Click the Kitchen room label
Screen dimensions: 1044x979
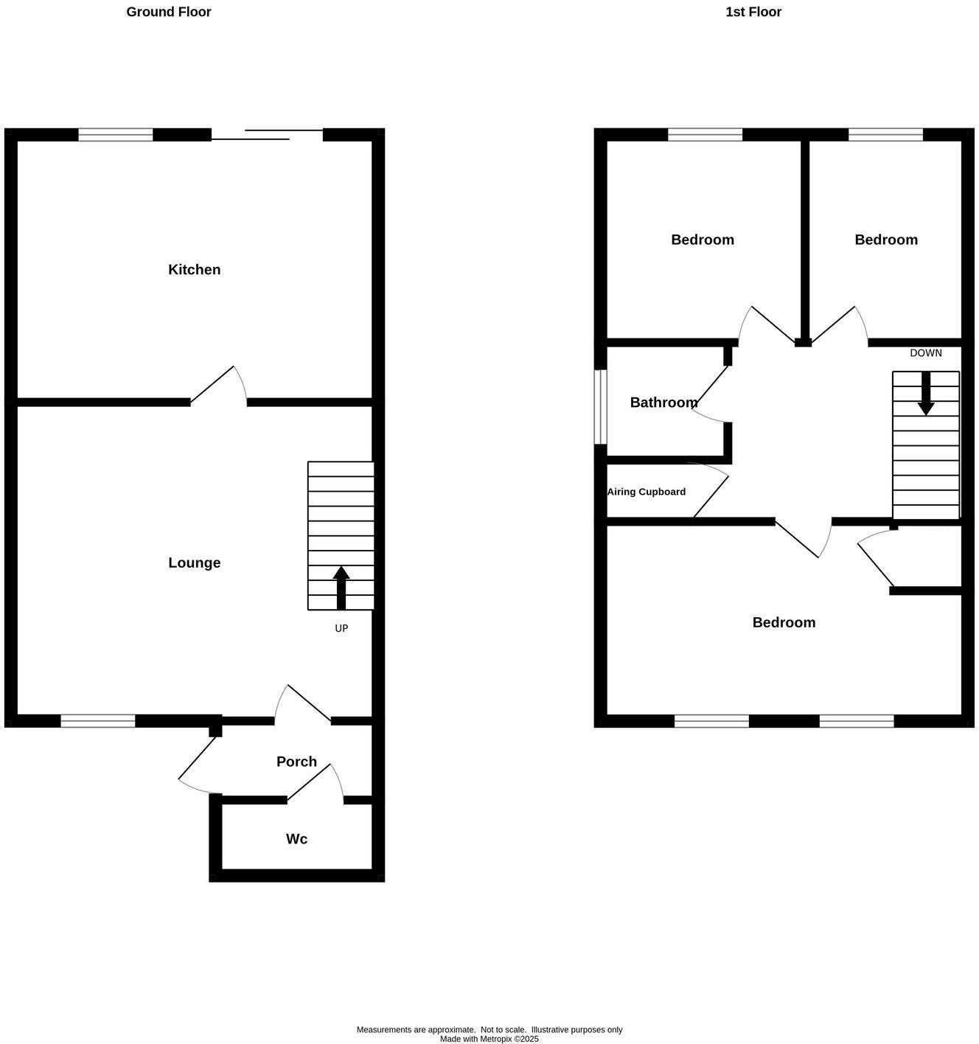(x=195, y=270)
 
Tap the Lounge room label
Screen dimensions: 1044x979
(x=195, y=563)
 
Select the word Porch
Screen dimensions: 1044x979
(x=296, y=762)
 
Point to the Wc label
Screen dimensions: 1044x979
(x=296, y=839)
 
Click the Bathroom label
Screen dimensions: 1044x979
(x=663, y=403)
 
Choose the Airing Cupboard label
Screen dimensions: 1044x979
(x=647, y=492)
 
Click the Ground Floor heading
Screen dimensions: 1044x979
(x=169, y=12)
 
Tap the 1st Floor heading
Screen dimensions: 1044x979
(x=753, y=12)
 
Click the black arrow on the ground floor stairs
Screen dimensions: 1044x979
(x=341, y=587)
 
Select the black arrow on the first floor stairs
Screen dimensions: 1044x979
(x=926, y=393)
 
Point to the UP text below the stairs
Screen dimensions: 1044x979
(x=341, y=629)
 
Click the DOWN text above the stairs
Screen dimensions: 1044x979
(x=926, y=353)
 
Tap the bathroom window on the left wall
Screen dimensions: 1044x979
(x=601, y=407)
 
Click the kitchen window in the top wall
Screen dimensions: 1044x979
(x=116, y=135)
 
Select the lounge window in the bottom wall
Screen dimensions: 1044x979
(x=98, y=721)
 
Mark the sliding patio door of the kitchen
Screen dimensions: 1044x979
(x=267, y=134)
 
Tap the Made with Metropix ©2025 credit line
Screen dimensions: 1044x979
(x=489, y=1039)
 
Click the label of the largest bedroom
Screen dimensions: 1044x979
(x=784, y=622)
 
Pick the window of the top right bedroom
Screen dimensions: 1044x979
(x=885, y=135)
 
